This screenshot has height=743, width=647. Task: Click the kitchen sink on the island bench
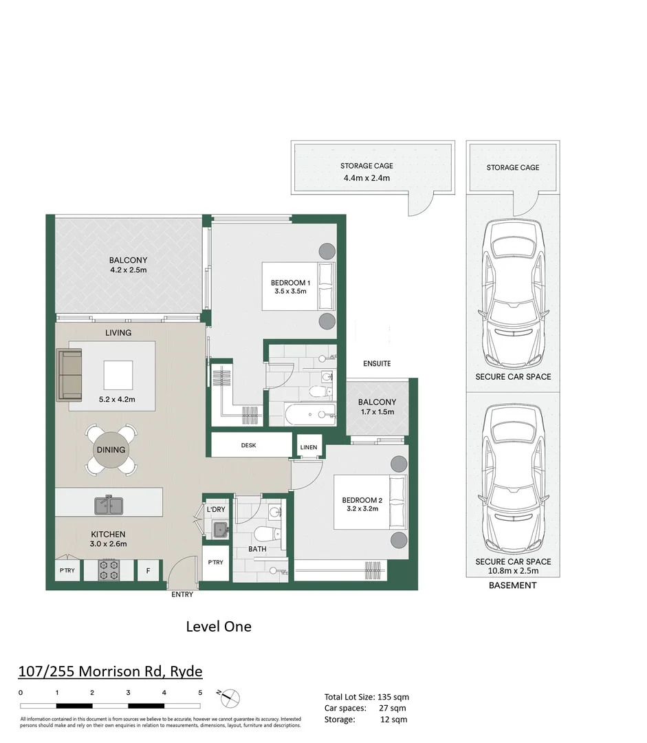(x=109, y=506)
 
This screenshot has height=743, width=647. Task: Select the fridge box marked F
(x=148, y=570)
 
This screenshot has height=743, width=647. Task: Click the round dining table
(x=111, y=450)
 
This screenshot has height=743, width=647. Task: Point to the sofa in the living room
(x=69, y=375)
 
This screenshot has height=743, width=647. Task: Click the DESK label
(x=248, y=446)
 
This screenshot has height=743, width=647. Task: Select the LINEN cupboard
(x=309, y=448)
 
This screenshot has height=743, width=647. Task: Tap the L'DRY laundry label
(x=217, y=509)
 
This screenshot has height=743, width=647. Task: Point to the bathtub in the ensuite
(x=309, y=415)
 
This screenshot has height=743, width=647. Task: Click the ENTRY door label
(x=182, y=594)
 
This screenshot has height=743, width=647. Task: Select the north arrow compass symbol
(x=231, y=698)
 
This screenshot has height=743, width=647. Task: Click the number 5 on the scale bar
(x=200, y=692)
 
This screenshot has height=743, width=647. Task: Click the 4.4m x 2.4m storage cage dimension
(x=366, y=178)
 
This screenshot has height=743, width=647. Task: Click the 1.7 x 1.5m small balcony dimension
(x=377, y=413)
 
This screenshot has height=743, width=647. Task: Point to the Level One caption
(x=219, y=626)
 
